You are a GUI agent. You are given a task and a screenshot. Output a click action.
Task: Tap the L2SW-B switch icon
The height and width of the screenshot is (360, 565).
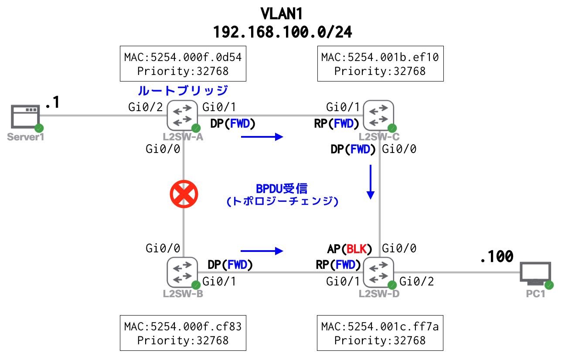[x=183, y=273]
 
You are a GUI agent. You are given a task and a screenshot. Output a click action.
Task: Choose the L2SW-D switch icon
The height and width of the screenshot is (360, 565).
[x=378, y=273]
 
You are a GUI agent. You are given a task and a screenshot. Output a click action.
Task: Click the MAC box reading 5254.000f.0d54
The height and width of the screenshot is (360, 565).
[x=183, y=64]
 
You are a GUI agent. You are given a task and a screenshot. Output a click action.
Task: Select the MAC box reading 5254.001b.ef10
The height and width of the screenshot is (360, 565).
[x=380, y=64]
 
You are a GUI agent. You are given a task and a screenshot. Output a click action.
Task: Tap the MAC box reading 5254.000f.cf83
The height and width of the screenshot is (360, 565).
[x=183, y=333]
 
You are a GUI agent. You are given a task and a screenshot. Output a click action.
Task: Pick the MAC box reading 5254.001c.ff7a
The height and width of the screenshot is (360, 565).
[x=380, y=333]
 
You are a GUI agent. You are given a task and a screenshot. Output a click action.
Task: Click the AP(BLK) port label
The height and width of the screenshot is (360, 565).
[x=350, y=249]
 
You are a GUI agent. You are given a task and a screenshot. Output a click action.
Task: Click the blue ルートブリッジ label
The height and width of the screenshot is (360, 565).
[x=183, y=91]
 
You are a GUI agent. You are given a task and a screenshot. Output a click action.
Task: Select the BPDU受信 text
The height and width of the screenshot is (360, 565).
[x=282, y=189]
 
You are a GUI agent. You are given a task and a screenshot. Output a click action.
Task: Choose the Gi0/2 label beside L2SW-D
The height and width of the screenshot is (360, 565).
[x=417, y=282]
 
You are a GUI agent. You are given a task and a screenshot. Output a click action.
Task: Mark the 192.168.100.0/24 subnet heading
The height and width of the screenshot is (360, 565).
[x=282, y=32]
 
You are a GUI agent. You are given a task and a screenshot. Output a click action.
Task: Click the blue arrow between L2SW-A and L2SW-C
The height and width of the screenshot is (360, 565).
[x=262, y=137]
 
